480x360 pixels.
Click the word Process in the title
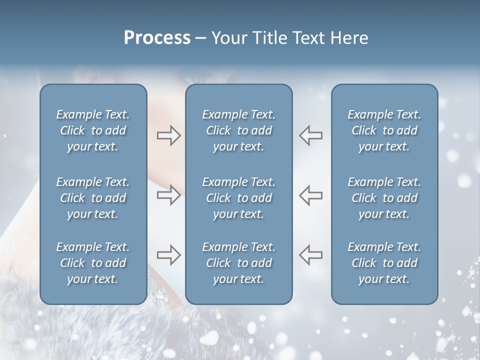[x=157, y=38]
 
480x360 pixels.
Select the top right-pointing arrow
[x=168, y=135]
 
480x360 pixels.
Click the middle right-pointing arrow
[x=168, y=195]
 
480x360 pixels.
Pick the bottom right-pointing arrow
[x=168, y=255]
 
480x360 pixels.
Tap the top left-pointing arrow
[x=311, y=135]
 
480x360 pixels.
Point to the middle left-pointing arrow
[x=311, y=195]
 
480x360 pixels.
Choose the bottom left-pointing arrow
[x=311, y=255]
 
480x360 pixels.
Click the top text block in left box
[x=93, y=130]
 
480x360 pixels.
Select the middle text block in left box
[x=93, y=198]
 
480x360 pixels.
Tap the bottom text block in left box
[x=93, y=263]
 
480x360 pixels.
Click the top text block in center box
[x=239, y=130]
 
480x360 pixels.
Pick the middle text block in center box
[x=239, y=198]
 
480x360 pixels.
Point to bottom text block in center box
[x=239, y=263]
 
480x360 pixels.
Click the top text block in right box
[x=384, y=130]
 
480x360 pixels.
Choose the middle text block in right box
[x=384, y=198]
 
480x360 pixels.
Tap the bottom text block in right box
[x=384, y=263]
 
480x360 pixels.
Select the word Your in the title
[x=228, y=38]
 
